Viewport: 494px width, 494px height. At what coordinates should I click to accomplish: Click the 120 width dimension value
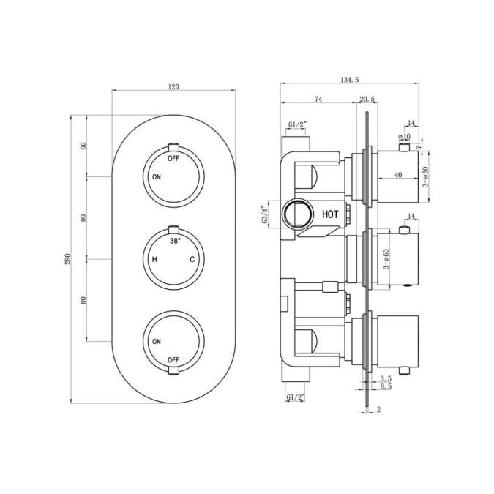click(x=173, y=86)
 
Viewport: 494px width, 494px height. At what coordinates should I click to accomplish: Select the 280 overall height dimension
click(x=68, y=259)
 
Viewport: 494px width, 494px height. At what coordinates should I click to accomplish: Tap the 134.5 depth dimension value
click(x=329, y=81)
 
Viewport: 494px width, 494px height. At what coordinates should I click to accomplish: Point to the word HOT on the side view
click(x=330, y=214)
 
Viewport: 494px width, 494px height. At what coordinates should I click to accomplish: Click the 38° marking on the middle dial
click(x=174, y=241)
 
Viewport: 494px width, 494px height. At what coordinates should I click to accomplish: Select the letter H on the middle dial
click(x=154, y=260)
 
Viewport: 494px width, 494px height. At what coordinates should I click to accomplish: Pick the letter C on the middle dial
click(x=193, y=260)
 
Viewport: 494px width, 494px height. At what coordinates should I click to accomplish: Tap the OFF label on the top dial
click(x=173, y=158)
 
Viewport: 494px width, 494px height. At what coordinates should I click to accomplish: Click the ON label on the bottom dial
click(x=156, y=342)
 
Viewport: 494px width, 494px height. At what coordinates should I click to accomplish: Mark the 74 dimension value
click(x=318, y=99)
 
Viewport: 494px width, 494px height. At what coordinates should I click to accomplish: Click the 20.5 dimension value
click(x=367, y=99)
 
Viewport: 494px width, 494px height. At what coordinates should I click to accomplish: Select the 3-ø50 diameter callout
click(x=426, y=176)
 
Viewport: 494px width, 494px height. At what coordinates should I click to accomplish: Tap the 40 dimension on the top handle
click(x=398, y=174)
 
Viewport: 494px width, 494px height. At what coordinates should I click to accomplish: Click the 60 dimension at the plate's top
click(x=83, y=145)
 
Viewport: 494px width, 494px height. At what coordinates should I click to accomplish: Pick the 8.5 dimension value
click(x=386, y=386)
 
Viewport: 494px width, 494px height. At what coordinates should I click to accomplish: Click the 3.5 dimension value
click(x=386, y=378)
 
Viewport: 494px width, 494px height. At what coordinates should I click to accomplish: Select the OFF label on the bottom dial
click(x=173, y=360)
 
